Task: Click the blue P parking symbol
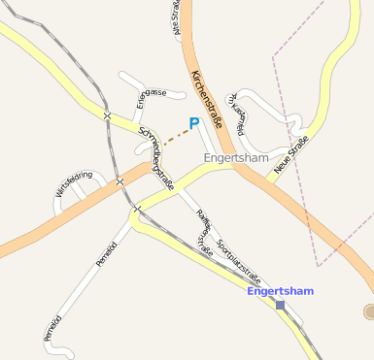[x=193, y=123]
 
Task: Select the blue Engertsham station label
[x=280, y=290]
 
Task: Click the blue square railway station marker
[x=280, y=305]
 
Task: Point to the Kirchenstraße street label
[x=208, y=97]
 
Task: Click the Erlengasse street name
[x=151, y=95]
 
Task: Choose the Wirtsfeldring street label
[x=74, y=183]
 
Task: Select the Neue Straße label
[x=290, y=154]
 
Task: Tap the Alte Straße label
[x=178, y=17]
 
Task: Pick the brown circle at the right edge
[x=369, y=311]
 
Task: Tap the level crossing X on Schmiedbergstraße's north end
[x=107, y=116]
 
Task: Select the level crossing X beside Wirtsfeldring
[x=119, y=181]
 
